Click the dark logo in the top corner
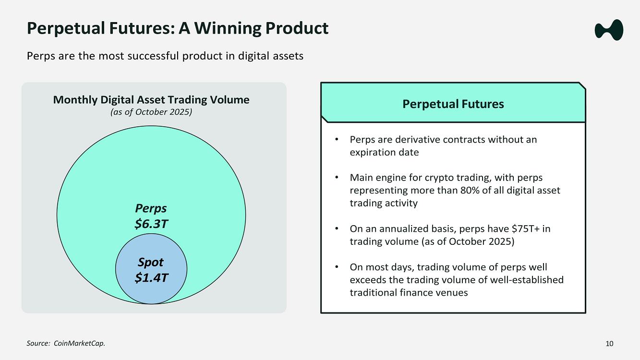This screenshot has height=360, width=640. point(609,30)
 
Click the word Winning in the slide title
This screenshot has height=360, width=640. point(227,28)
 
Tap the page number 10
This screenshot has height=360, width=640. point(609,343)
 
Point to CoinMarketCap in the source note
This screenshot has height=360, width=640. point(79,343)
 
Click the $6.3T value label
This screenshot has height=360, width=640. point(151,223)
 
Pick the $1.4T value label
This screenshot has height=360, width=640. point(151,277)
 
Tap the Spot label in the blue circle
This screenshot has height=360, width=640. point(151,262)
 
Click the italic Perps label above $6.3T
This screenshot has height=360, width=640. point(151,208)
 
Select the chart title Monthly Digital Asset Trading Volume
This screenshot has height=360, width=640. point(151,100)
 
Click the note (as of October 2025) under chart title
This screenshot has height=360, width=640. point(151,112)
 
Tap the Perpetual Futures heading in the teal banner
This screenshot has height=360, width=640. point(453,104)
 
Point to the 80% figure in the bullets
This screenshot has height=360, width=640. point(470,190)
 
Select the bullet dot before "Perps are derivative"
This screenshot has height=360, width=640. point(337,139)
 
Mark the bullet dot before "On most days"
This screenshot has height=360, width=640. point(337,267)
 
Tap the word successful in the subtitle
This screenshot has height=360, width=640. point(153,56)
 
